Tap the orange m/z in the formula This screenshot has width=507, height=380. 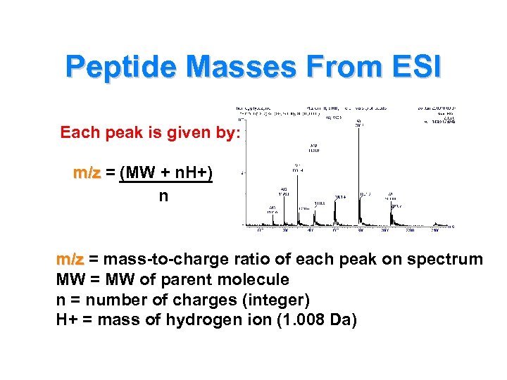point(87,173)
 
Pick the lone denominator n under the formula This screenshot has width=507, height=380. point(163,196)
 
